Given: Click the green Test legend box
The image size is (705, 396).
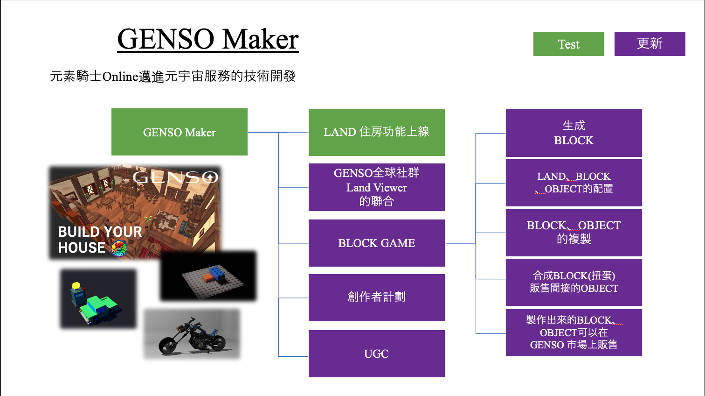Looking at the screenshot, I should point(568,44).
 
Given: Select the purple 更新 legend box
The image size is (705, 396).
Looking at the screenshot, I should point(650,44).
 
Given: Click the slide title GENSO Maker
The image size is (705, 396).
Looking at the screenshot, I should point(207,39).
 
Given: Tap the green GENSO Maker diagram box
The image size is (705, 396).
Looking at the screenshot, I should point(179,132).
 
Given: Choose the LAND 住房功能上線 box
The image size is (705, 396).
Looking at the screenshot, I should point(376,132).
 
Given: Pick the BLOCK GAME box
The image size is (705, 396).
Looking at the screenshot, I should point(376,243).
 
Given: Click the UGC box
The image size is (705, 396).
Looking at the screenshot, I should point(376,354).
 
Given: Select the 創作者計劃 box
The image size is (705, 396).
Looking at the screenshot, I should point(376,297).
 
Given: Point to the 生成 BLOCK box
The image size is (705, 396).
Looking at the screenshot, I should point(574,133).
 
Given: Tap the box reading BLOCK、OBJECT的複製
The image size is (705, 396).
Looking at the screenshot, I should point(574,233).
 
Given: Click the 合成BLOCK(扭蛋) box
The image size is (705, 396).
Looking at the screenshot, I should point(574,282).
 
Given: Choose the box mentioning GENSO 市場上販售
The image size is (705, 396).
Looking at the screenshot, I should point(574,332).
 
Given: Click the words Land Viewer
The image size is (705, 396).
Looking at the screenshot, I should point(376,188).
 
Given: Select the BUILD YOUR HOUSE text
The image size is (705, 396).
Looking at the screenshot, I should point(100,239).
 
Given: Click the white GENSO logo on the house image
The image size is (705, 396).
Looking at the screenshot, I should point(175,177).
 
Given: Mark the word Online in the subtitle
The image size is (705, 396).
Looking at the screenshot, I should point(120,77).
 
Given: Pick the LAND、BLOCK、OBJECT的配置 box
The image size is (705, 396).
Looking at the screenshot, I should point(574,183).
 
